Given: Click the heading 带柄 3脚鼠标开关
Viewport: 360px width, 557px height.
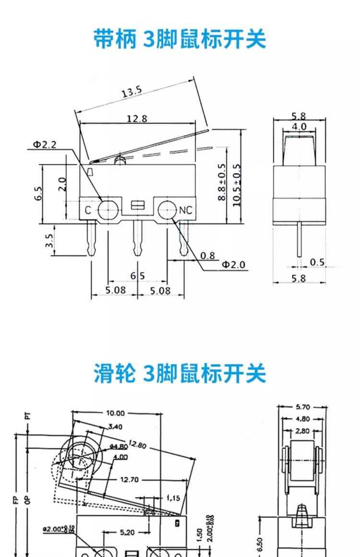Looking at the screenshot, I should click(180, 39).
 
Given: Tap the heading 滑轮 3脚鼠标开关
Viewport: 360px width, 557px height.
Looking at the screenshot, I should click(180, 374).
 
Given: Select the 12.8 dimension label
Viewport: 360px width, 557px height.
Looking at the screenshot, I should click(137, 118).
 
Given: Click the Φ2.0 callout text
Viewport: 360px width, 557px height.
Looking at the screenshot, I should click(233, 264).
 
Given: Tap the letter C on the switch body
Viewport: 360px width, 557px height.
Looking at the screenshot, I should click(88, 210).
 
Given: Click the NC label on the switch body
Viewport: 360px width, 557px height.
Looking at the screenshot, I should click(186, 210).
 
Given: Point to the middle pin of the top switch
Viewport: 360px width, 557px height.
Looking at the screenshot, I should click(138, 237).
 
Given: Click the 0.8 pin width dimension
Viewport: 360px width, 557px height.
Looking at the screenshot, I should click(207, 256).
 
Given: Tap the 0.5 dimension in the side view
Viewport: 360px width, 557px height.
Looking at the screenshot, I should click(317, 262).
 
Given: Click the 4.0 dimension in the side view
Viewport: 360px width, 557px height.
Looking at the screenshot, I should click(299, 127).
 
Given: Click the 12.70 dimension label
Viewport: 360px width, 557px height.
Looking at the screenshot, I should click(130, 479).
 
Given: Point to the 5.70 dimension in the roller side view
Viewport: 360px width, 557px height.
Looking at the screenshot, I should click(302, 407).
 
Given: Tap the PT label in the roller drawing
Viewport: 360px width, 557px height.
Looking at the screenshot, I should click(28, 415).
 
